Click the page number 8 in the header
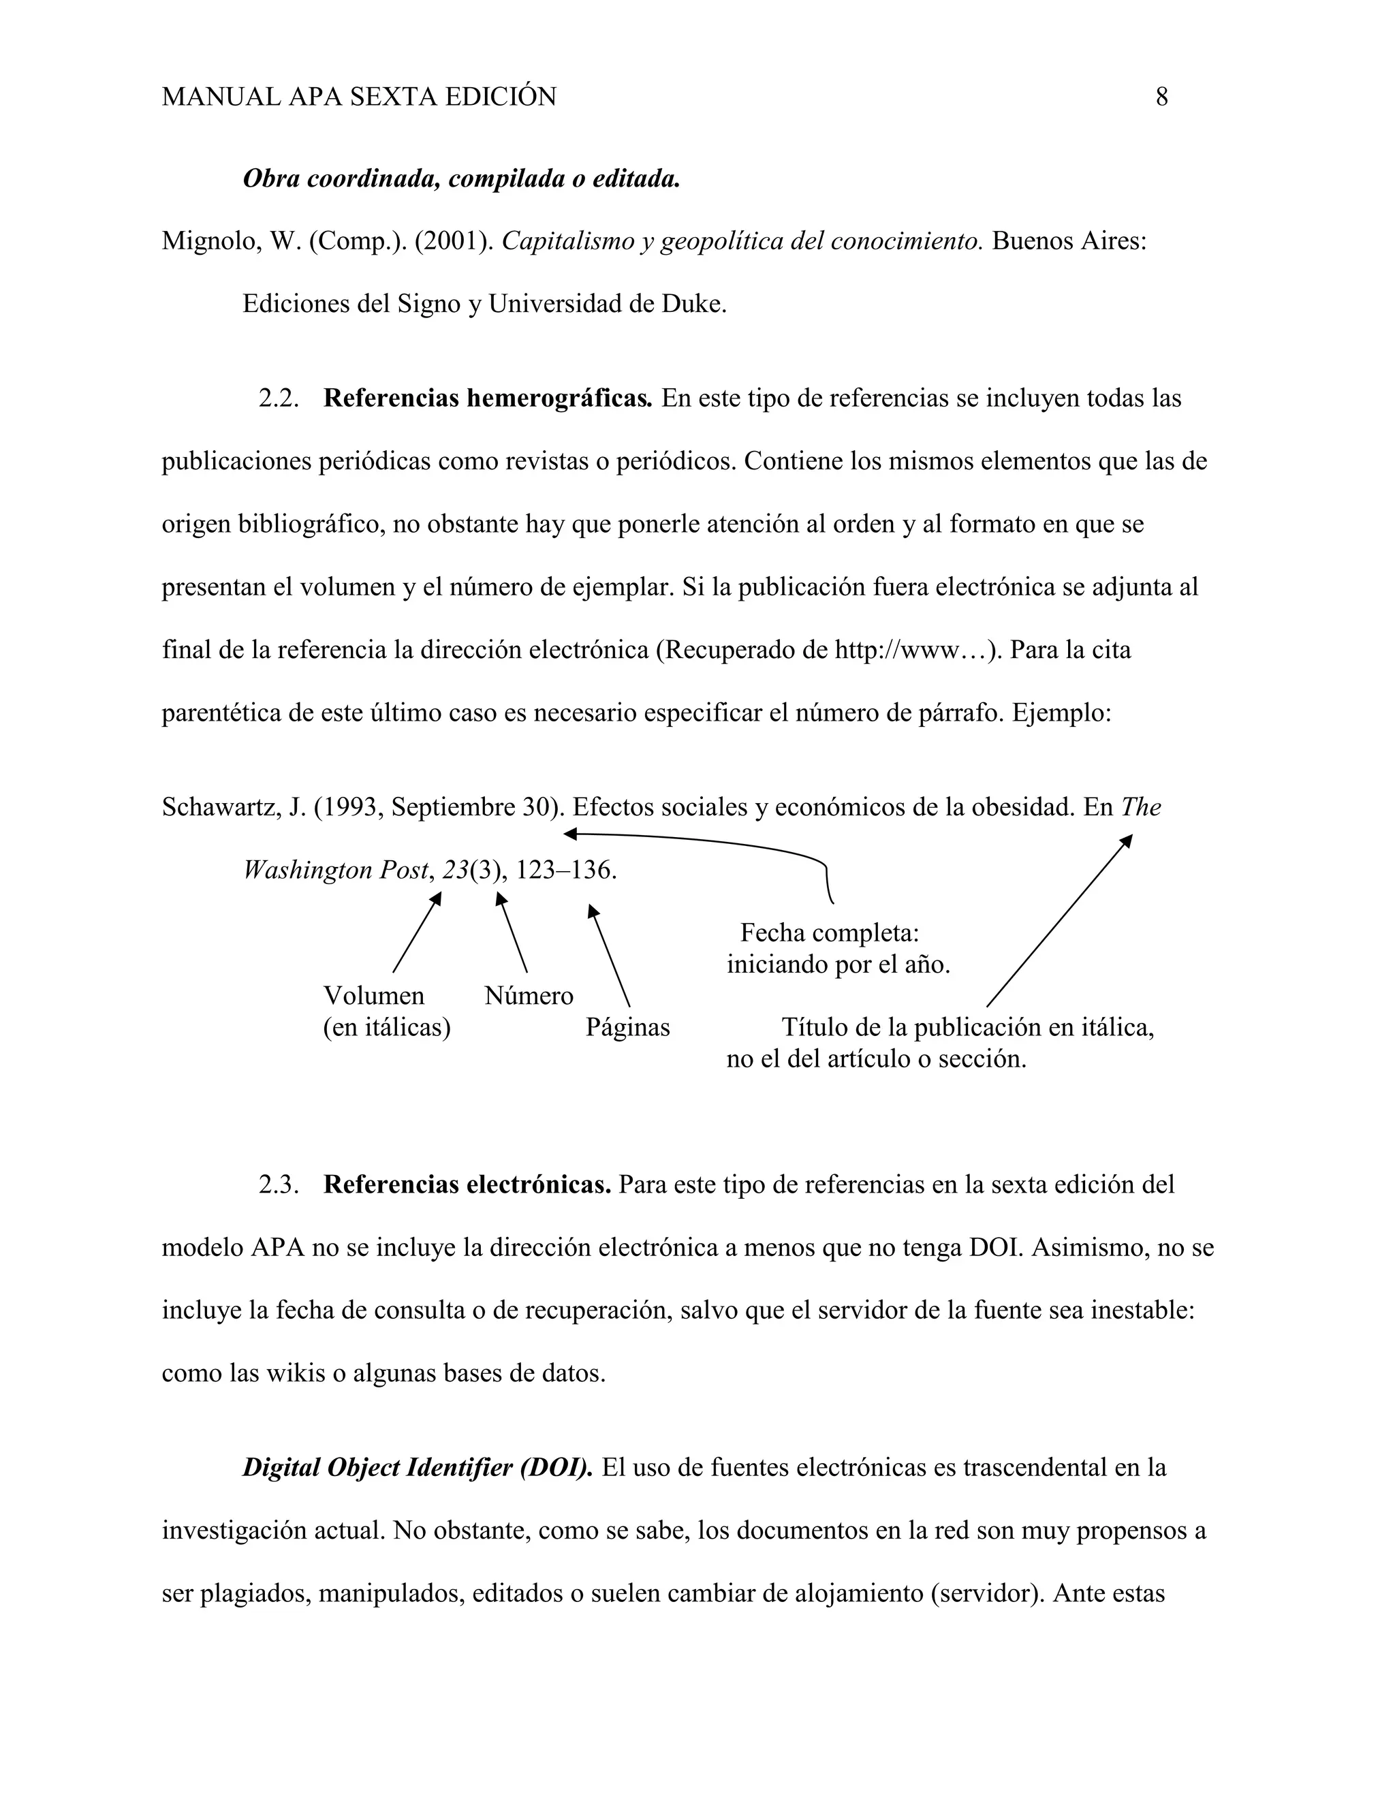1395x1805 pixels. pyautogui.click(x=1161, y=97)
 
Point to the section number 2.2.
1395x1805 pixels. pyautogui.click(x=279, y=398)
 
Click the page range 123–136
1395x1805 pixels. pyautogui.click(x=566, y=870)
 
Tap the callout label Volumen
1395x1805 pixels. pyautogui.click(x=373, y=995)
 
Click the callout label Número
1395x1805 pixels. pyautogui.click(x=529, y=995)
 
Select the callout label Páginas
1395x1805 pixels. pyautogui.click(x=627, y=1027)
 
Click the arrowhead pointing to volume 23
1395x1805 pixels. pyautogui.click(x=437, y=898)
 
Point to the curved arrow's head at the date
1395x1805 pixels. pyautogui.click(x=569, y=833)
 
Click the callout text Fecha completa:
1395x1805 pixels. pyautogui.click(x=830, y=933)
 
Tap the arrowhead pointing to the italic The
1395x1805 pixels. pyautogui.click(x=1127, y=841)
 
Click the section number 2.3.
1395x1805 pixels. pyautogui.click(x=279, y=1184)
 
